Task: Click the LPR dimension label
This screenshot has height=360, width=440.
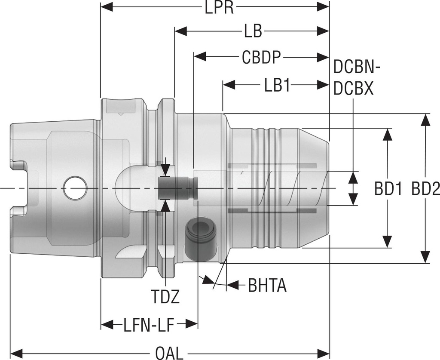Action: [220, 7]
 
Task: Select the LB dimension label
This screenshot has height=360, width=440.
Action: [253, 31]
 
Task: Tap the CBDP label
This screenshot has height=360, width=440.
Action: [261, 58]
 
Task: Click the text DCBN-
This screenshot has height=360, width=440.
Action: [357, 68]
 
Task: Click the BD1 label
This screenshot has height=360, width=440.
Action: [388, 189]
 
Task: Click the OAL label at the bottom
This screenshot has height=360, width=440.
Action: [169, 353]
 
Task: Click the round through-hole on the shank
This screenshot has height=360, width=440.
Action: [75, 188]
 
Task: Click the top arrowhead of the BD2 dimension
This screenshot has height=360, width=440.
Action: [425, 120]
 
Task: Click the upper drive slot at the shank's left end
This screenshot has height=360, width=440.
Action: [18, 166]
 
